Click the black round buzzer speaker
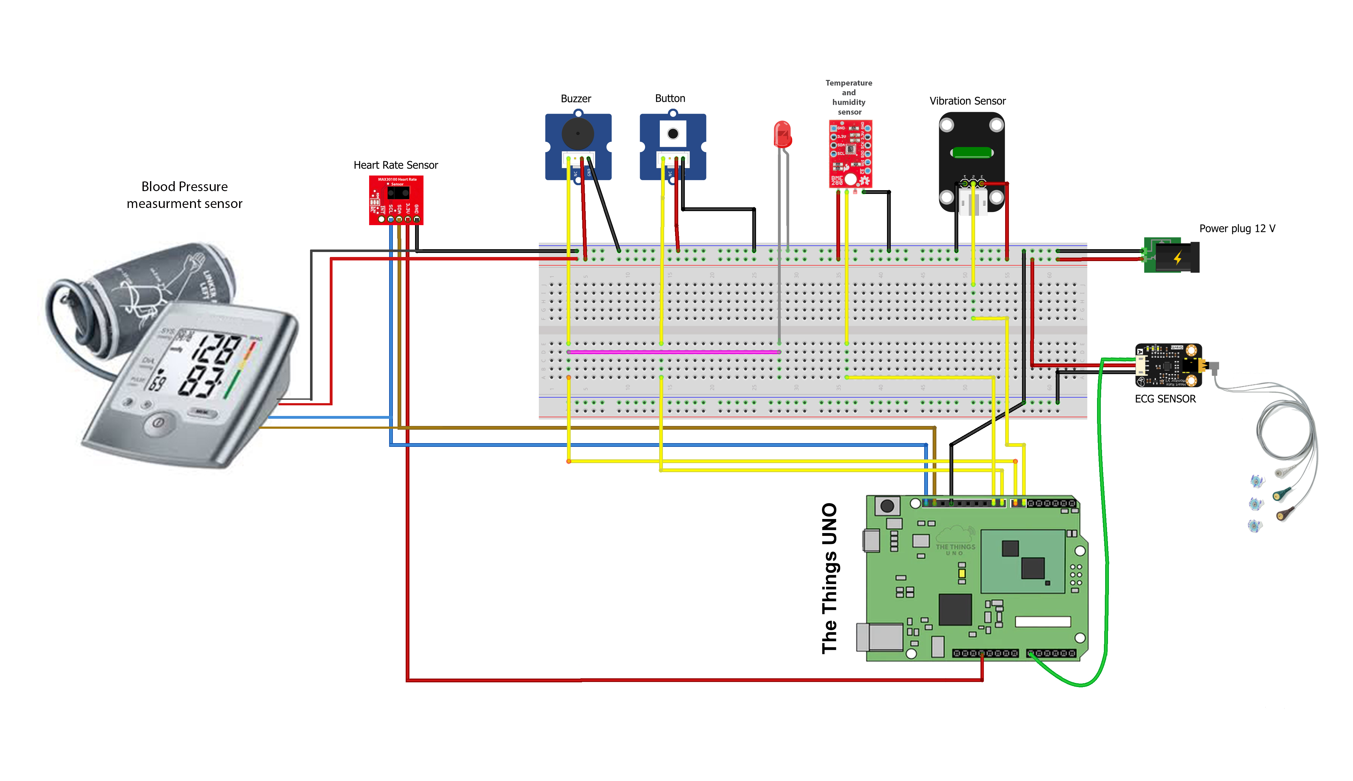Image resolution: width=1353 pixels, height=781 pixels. [x=578, y=134]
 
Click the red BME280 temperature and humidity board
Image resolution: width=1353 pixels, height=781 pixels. [x=850, y=154]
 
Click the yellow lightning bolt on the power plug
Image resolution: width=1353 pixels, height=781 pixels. [x=1177, y=258]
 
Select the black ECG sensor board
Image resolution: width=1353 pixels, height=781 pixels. [x=1168, y=365]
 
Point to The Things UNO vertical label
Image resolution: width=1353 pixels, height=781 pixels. [x=829, y=578]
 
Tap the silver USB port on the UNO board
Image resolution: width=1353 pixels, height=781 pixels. [x=880, y=637]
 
